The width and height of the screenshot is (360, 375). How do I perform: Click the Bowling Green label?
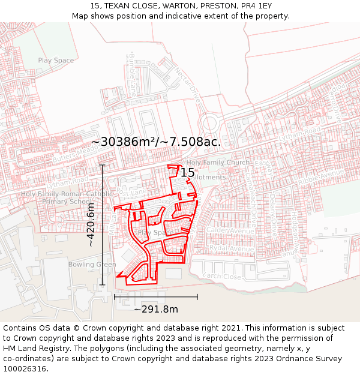pyautogui.click(x=92, y=265)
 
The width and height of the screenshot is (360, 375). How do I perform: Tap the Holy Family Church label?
pyautogui.click(x=218, y=163)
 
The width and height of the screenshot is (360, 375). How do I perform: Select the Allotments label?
pyautogui.click(x=208, y=177)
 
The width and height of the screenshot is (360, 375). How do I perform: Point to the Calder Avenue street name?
pyautogui.click(x=230, y=230)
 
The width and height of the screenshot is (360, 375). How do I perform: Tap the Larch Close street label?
pyautogui.click(x=222, y=277)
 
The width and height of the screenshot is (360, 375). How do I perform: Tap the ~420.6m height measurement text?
pyautogui.click(x=91, y=224)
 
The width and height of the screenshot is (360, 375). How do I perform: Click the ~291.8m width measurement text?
pyautogui.click(x=156, y=310)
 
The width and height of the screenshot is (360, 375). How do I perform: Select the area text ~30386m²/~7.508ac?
pyautogui.click(x=156, y=142)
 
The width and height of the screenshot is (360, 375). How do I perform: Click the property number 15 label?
pyautogui.click(x=188, y=173)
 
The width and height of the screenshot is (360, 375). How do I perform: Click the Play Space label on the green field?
pyautogui.click(x=56, y=61)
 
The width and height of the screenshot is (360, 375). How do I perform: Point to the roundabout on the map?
pyautogui.click(x=209, y=125)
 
